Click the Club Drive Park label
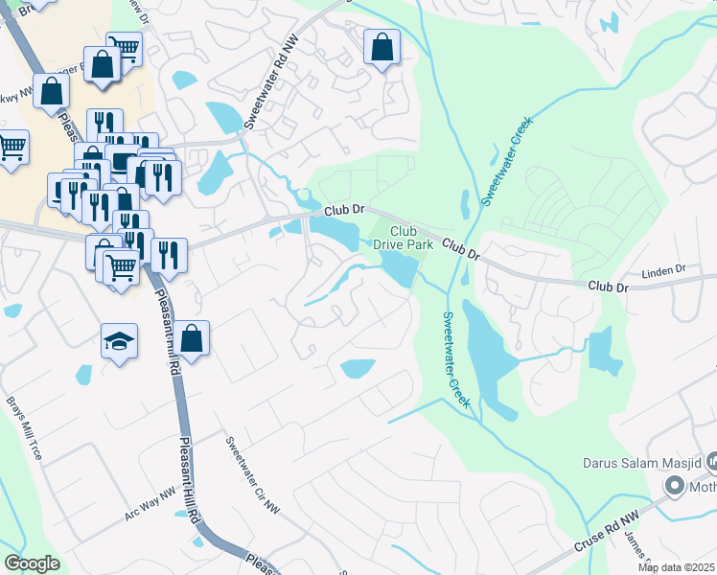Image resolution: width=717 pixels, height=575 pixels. click(412, 237)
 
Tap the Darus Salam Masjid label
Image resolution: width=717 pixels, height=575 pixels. click(642, 463)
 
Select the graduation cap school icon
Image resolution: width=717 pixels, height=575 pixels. click(119, 341)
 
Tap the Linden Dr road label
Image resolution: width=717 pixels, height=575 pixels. click(665, 272)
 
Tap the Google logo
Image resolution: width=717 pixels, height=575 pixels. click(32, 563)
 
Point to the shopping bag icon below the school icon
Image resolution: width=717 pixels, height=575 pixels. click(192, 338)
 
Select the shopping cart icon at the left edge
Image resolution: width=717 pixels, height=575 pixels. click(11, 148)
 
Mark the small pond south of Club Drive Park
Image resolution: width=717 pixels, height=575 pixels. click(358, 368)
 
